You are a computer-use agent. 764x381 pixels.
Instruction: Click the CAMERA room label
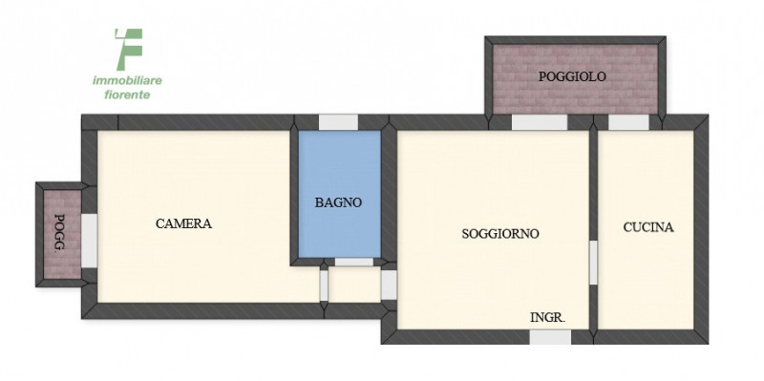(183, 223)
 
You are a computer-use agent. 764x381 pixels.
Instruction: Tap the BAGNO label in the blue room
(338, 202)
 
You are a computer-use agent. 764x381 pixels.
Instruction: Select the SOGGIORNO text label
(500, 233)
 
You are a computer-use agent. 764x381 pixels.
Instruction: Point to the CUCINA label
(648, 227)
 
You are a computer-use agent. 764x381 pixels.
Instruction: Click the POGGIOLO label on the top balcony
(572, 76)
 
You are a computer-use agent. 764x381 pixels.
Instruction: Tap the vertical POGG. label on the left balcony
(60, 233)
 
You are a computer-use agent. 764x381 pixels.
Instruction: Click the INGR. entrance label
(547, 317)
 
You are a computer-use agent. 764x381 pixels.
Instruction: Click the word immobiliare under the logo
(126, 81)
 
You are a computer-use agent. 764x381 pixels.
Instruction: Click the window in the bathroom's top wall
(337, 121)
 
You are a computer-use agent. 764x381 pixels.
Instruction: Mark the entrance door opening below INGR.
(550, 337)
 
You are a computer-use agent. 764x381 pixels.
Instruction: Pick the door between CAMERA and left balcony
(88, 241)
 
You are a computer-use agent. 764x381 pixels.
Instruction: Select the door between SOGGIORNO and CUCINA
(592, 262)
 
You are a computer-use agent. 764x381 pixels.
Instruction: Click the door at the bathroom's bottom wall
(353, 261)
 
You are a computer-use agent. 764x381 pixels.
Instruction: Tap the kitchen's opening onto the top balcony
(627, 122)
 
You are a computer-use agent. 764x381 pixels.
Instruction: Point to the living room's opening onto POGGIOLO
(539, 122)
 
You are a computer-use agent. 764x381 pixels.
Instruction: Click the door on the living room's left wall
(389, 285)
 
